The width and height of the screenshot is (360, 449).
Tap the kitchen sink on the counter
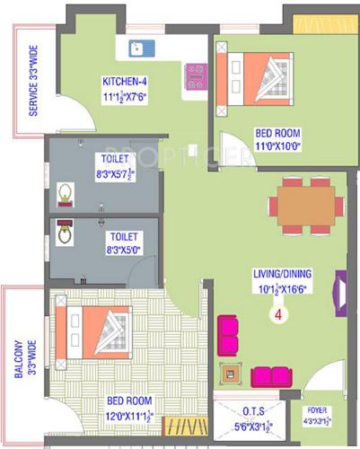(x=142, y=48)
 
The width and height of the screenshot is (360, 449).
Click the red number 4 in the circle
(x=278, y=315)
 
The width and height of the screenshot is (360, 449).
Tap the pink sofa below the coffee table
(x=272, y=376)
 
